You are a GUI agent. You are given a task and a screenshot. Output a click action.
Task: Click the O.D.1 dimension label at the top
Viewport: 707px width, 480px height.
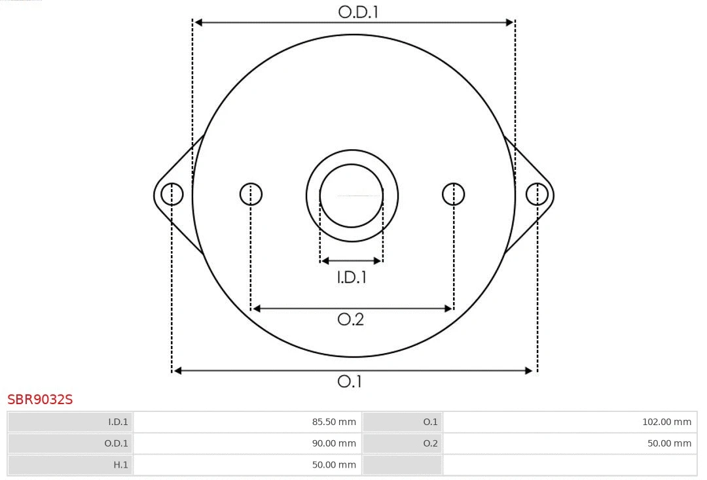pos(358,12)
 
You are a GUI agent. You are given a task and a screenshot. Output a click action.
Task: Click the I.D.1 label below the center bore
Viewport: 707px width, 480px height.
pos(352,277)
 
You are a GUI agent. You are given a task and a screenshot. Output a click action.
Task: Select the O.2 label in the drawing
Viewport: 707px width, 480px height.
pos(350,319)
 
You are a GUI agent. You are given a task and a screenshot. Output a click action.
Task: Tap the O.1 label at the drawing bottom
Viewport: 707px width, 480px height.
pos(350,381)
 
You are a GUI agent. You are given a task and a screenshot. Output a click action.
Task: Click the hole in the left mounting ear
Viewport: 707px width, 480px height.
pos(172,194)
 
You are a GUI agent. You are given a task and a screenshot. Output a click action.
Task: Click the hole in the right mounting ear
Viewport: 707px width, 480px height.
pos(537,194)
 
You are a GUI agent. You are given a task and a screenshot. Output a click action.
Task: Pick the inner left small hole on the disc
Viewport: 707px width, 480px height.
pos(251,194)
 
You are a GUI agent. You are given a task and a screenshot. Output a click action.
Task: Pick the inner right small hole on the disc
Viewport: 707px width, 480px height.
pos(454,194)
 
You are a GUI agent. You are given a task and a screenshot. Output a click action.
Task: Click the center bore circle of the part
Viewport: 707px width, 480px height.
pos(352,195)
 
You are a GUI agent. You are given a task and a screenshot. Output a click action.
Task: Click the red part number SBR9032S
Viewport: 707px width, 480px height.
pos(40,400)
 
